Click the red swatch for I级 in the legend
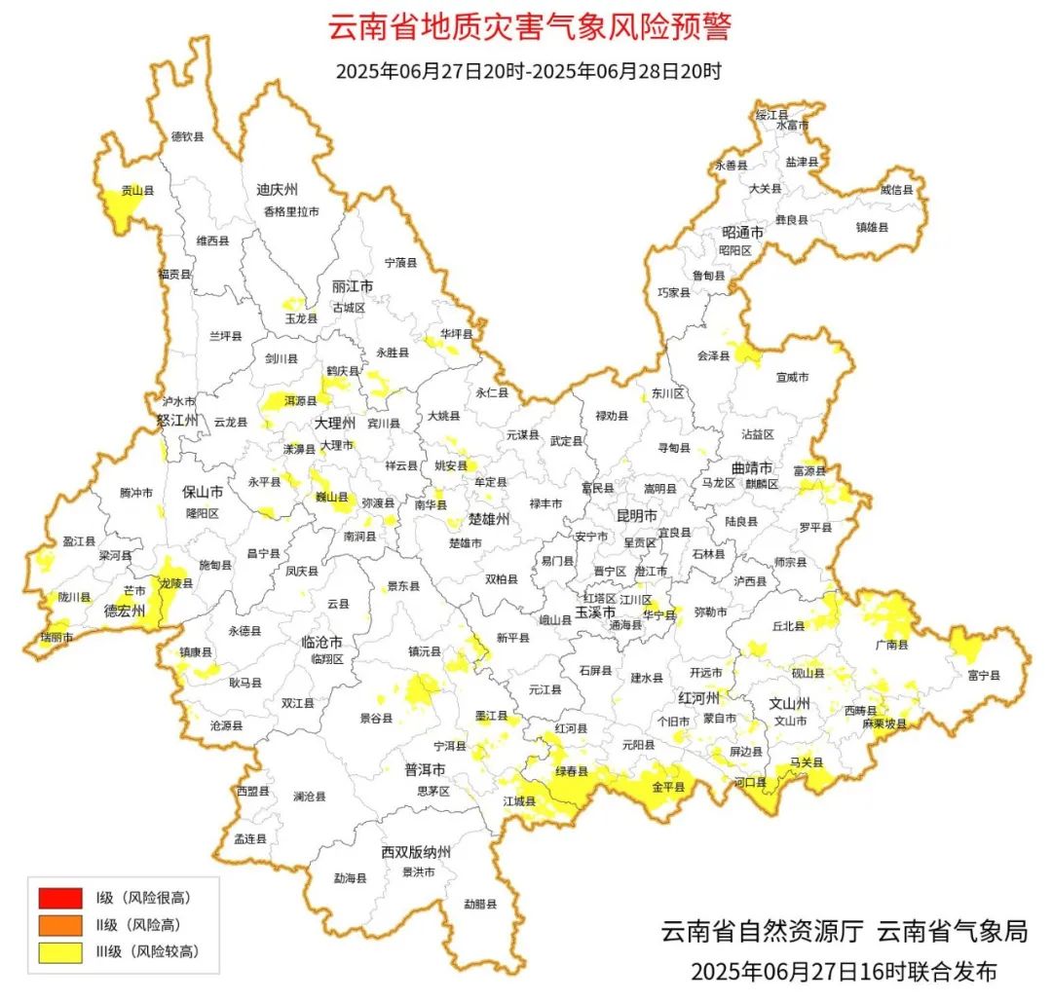click(59, 896)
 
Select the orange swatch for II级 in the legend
click(59, 924)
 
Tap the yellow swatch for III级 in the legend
click(59, 951)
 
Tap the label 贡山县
click(136, 192)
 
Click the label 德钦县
click(187, 136)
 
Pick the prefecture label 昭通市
click(742, 233)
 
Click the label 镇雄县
click(873, 227)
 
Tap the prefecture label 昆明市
click(637, 514)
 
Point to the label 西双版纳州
click(416, 852)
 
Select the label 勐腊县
click(479, 904)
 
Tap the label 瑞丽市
click(56, 637)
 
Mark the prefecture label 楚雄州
click(488, 519)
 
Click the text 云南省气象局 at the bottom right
click(953, 931)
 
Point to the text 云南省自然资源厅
click(762, 931)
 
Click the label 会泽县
click(713, 356)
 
